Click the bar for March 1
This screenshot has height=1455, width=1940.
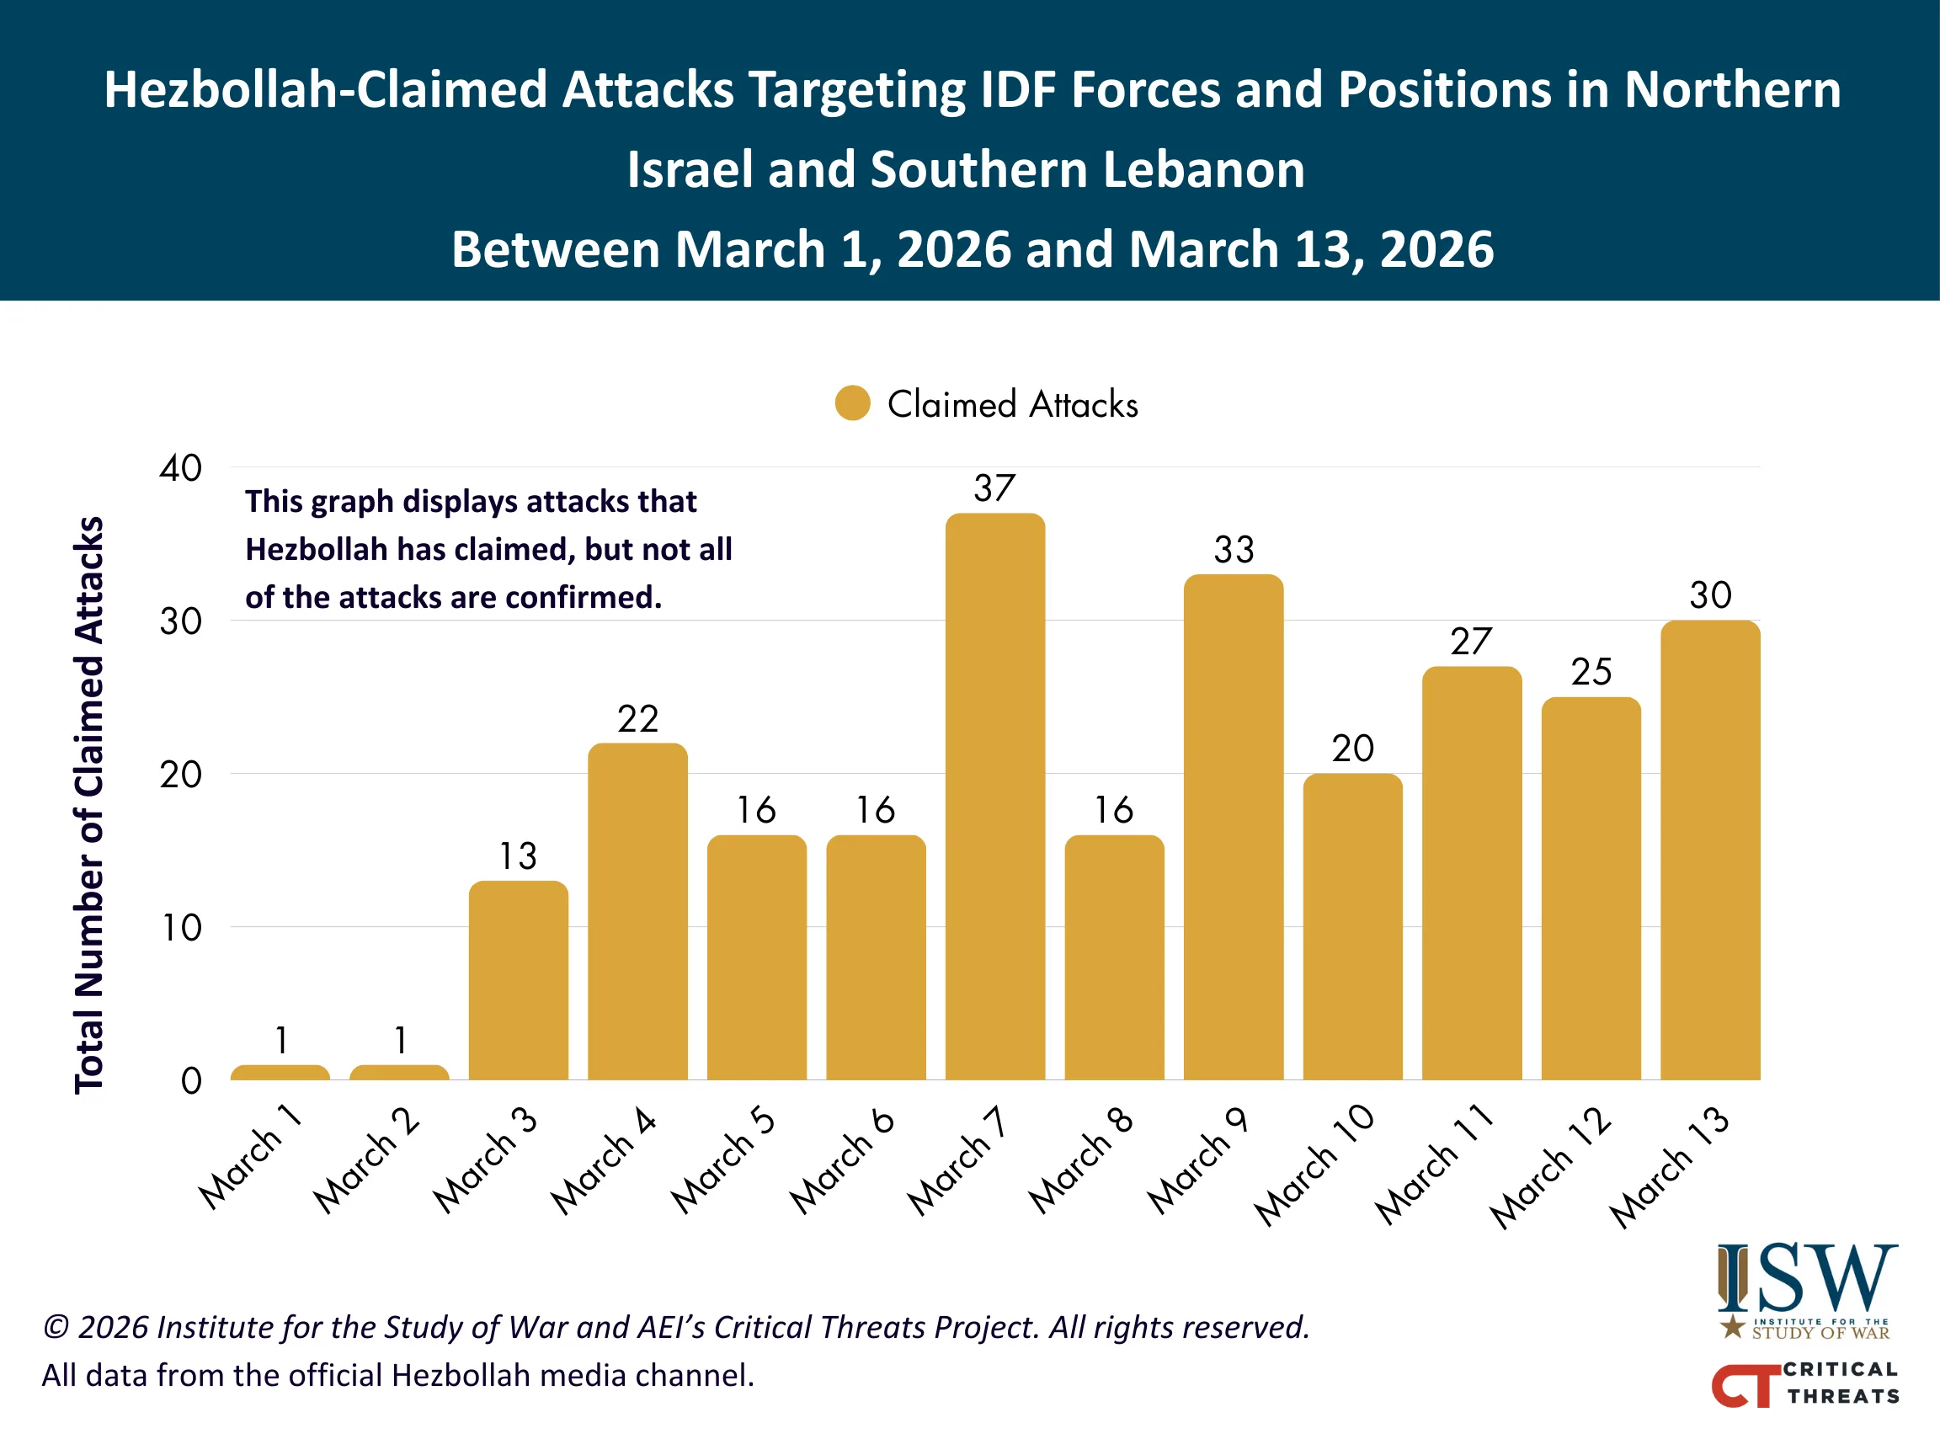coord(280,1072)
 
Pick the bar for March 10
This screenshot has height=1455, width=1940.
coord(1352,926)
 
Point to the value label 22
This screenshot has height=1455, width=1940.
coord(637,719)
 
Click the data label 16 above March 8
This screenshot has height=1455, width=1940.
coord(1114,809)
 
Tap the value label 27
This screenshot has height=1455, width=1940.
coord(1471,642)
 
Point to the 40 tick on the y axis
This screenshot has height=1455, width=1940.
coord(181,468)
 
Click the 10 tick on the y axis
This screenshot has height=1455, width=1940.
coord(182,928)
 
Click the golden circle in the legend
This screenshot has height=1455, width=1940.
coord(851,403)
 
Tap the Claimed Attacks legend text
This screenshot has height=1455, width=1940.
coord(1012,404)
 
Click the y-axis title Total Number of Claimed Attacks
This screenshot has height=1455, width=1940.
coord(88,804)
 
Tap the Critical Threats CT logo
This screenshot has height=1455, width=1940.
coord(1805,1383)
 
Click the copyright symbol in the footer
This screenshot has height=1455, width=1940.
coord(56,1327)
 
